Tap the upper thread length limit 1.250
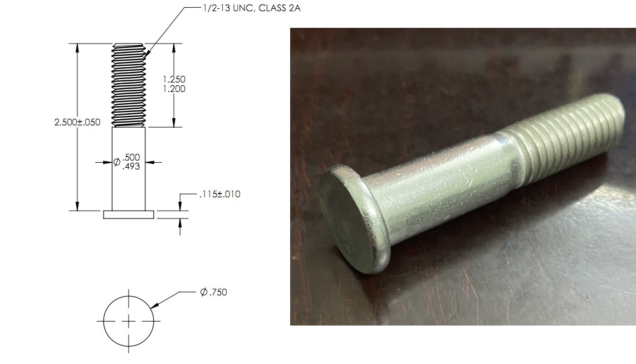pyautogui.click(x=174, y=79)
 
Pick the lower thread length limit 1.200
pyautogui.click(x=174, y=89)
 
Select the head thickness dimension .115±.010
pyautogui.click(x=219, y=195)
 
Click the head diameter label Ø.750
pyautogui.click(x=214, y=292)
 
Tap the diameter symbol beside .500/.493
pyautogui.click(x=117, y=162)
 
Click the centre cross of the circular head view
pyautogui.click(x=129, y=322)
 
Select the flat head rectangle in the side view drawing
pyautogui.click(x=129, y=215)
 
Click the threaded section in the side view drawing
pyautogui.click(x=129, y=85)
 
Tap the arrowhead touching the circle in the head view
pyautogui.click(x=154, y=305)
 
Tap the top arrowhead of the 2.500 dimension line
pyautogui.click(x=77, y=47)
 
